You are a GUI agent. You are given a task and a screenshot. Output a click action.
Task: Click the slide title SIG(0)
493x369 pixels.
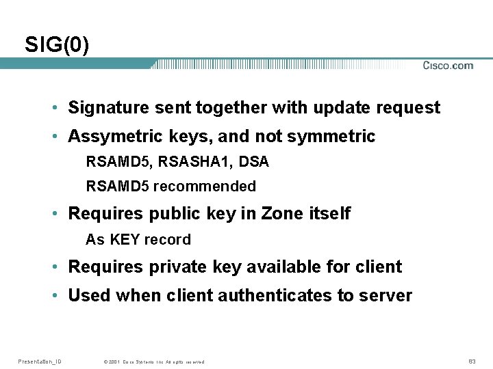(x=57, y=45)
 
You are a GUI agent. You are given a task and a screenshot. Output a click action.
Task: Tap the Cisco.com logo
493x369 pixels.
(x=448, y=66)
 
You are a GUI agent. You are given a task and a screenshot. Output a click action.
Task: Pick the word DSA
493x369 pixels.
(x=254, y=162)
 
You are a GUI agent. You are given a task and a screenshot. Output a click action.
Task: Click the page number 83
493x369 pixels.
(x=472, y=361)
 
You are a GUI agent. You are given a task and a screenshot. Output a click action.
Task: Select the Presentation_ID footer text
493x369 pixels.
(x=40, y=361)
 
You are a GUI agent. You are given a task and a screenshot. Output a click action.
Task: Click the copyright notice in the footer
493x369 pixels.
(x=153, y=361)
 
